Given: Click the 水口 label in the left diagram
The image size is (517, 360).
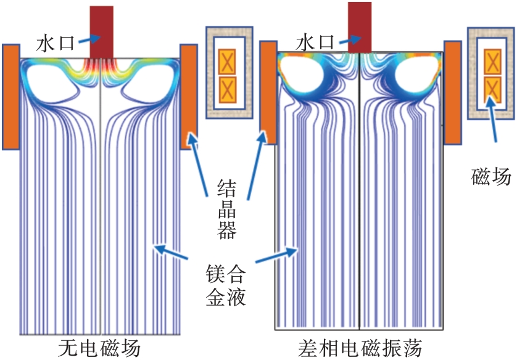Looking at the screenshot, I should click(x=54, y=43).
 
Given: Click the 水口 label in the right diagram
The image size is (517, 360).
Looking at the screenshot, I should click(x=315, y=42).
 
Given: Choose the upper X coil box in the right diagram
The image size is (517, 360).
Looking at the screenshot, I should click(x=492, y=62).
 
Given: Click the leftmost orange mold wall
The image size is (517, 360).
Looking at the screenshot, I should click(x=10, y=97).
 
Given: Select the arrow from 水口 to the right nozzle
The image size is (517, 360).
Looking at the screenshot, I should click(x=347, y=38).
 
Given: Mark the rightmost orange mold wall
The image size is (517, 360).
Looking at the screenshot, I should click(x=453, y=92).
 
